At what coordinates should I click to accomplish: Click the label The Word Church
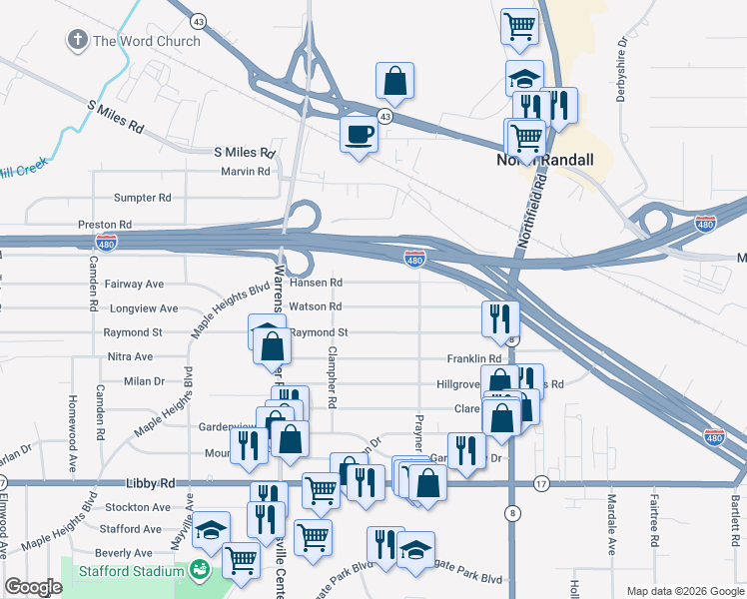coord(146,41)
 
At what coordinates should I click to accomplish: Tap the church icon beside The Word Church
coord(77,41)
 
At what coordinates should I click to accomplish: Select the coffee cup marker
coord(358,134)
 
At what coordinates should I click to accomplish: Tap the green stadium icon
coord(200,570)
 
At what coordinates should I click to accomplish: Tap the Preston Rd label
coord(105,225)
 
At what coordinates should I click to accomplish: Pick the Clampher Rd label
coord(332,377)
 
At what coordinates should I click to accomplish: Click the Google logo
coord(33,586)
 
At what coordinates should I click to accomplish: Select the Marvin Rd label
coord(246,172)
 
